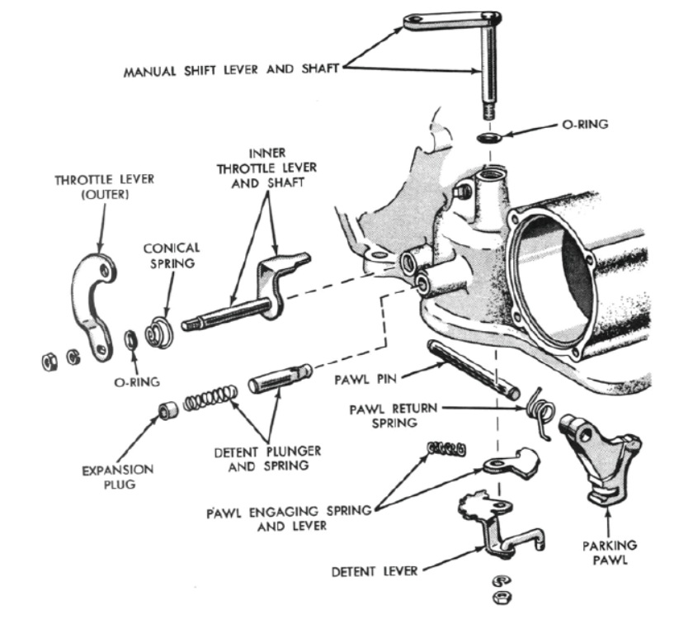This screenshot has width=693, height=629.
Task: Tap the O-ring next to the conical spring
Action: [130, 340]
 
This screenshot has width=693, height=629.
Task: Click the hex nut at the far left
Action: [48, 360]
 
